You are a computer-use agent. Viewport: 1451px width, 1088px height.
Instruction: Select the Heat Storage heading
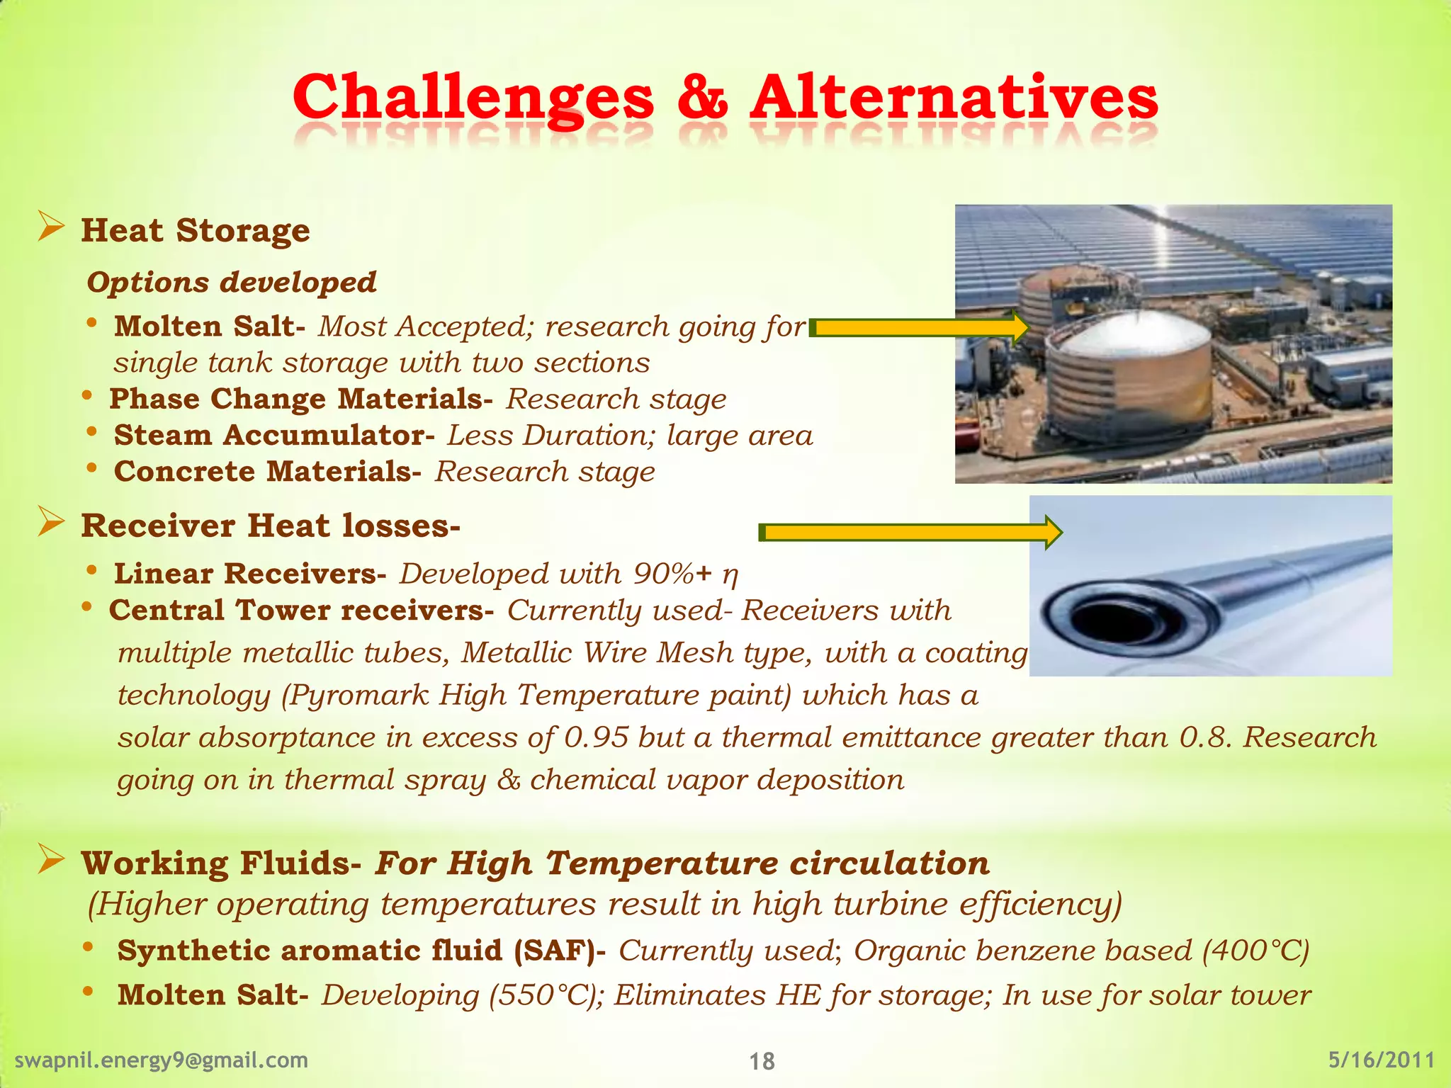click(195, 230)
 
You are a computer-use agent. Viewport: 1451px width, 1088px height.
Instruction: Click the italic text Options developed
click(231, 282)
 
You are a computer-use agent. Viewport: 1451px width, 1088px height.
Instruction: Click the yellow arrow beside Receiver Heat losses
click(910, 532)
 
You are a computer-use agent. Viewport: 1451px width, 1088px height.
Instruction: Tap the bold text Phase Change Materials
click(300, 399)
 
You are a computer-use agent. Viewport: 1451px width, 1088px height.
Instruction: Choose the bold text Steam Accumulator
click(273, 435)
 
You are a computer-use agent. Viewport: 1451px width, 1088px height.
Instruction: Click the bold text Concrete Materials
click(267, 472)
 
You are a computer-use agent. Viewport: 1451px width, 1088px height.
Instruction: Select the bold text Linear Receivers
click(249, 574)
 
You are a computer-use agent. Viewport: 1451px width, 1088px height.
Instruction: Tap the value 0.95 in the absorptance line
click(596, 737)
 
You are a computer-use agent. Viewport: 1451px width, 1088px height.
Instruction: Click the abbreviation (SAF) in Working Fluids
click(553, 951)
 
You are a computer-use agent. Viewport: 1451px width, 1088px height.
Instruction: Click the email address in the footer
click(162, 1060)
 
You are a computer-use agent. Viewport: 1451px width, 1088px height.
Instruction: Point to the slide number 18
click(762, 1061)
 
